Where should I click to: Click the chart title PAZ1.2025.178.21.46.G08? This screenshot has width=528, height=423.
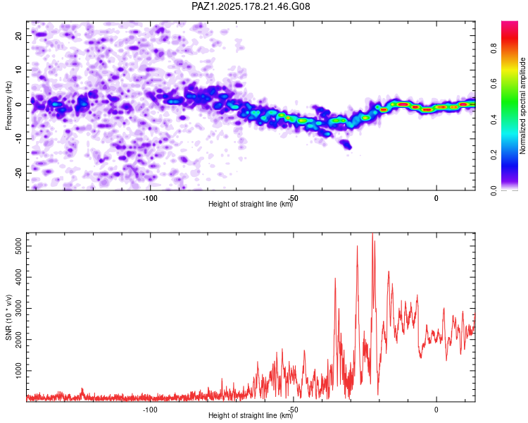[251, 6]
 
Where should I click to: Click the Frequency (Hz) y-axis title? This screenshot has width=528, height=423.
[8, 106]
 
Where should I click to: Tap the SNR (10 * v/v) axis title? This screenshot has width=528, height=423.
[8, 317]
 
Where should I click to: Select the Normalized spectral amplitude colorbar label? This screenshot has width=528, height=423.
[522, 106]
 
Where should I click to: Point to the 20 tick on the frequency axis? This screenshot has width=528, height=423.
[18, 35]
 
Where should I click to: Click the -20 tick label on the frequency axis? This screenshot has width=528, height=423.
[18, 173]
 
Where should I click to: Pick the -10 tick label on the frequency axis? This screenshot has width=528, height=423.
[18, 139]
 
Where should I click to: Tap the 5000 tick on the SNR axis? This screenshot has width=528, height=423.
[18, 246]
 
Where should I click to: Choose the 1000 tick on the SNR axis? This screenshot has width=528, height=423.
[18, 371]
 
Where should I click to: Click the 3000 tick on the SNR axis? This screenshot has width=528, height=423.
[18, 308]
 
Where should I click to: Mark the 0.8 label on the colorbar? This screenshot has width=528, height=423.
[494, 49]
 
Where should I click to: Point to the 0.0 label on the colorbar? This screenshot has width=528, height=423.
[494, 190]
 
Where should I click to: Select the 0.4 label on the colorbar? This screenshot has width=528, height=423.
[494, 119]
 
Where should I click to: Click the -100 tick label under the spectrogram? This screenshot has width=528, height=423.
[150, 198]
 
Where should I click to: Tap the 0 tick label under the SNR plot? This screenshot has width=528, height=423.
[436, 410]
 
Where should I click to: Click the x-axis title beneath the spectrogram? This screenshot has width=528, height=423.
[251, 204]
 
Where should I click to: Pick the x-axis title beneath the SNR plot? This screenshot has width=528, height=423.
[251, 415]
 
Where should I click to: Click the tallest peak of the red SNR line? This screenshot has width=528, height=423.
[372, 233]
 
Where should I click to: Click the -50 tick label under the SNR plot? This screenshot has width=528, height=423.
[293, 410]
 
